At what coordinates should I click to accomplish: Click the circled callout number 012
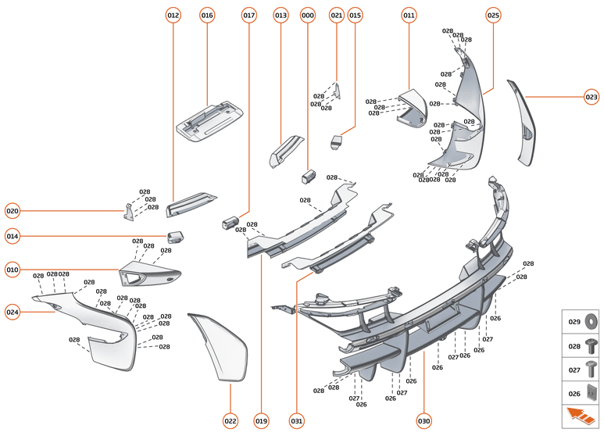(173, 15)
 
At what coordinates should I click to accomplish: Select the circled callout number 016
(207, 15)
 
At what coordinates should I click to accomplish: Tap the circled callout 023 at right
(591, 97)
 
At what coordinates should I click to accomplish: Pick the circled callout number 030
(424, 421)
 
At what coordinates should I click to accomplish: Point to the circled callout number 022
(231, 421)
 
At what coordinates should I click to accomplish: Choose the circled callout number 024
(13, 312)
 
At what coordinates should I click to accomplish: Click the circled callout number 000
(308, 15)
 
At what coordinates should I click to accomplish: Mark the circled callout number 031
(296, 421)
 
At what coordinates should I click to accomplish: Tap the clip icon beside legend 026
(591, 393)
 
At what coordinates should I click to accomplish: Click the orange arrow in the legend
(580, 415)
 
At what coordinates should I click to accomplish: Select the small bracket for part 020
(127, 211)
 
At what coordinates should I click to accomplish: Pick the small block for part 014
(175, 236)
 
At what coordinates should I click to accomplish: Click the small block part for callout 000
(308, 175)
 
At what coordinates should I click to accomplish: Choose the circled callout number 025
(493, 15)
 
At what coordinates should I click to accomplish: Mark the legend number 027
(574, 369)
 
